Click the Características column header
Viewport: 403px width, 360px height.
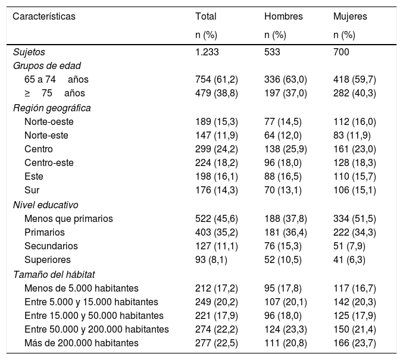click(x=44, y=17)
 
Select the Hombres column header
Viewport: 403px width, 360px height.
click(x=283, y=17)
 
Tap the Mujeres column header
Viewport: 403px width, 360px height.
click(x=350, y=17)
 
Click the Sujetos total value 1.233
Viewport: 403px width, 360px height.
click(x=207, y=52)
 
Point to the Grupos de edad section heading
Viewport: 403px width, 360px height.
click(x=47, y=65)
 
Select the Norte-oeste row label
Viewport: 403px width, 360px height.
click(x=49, y=121)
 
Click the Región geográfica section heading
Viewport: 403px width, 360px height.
click(x=52, y=108)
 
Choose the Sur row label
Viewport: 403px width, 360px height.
click(x=32, y=190)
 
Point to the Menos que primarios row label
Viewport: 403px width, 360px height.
click(x=68, y=218)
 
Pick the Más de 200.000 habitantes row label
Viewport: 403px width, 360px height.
click(x=82, y=343)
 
